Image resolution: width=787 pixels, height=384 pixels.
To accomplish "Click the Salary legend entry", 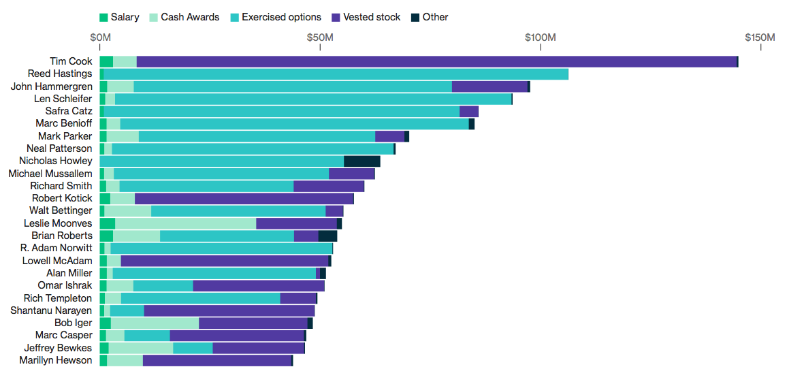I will pos(119,17).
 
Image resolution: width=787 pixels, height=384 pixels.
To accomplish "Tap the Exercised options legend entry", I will pos(276,17).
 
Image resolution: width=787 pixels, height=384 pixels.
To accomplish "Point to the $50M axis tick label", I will pos(320,36).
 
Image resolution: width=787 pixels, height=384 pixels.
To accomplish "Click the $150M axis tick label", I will pos(760,36).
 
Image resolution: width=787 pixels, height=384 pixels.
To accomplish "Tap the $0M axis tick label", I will pos(100,36).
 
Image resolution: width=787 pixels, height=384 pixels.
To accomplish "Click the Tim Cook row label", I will pos(71,61).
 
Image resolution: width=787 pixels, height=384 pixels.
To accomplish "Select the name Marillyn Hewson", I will pos(56,360).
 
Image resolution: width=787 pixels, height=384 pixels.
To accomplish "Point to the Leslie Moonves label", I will pos(58,223).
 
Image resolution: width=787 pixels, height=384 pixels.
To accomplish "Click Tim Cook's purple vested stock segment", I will pos(436,61).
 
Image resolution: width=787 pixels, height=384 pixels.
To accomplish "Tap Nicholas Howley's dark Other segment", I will pos(362,161).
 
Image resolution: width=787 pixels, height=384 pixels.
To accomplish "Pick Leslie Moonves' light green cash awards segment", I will pos(185,223).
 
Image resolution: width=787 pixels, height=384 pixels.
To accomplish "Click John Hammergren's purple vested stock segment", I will pos(489,86).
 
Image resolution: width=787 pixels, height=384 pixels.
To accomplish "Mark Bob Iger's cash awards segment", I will pos(155,323).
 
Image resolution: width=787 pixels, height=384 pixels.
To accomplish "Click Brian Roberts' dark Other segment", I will pos(327,236).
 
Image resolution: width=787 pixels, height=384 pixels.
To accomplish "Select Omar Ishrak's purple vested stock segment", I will pos(259,285).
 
